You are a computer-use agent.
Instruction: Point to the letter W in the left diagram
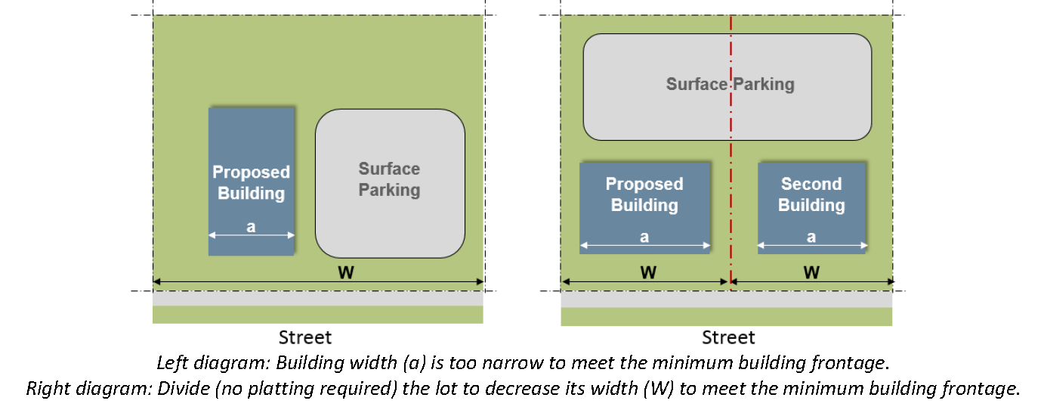(345, 272)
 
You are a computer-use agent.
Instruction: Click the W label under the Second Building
(811, 272)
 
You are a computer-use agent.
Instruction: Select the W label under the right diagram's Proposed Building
(647, 272)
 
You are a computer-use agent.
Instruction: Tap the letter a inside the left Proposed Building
(251, 225)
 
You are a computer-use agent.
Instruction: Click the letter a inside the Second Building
(811, 237)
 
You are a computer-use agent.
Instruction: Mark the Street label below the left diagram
(305, 337)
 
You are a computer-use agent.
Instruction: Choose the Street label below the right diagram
(728, 337)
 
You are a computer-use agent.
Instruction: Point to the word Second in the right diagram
(811, 184)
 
